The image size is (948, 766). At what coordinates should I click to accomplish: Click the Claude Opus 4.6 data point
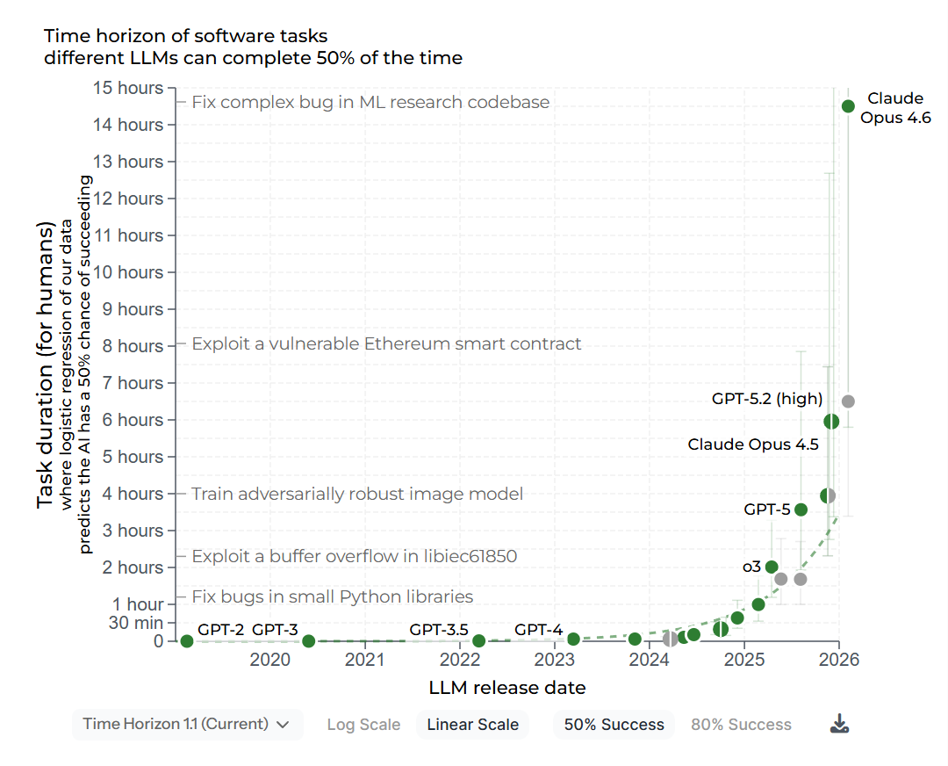coord(848,106)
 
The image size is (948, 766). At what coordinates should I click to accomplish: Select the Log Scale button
coord(363,725)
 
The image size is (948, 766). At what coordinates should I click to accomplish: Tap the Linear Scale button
coord(472,725)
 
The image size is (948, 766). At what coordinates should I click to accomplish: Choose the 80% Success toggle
coord(741,725)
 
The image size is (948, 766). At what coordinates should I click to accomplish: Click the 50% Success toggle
coord(614,725)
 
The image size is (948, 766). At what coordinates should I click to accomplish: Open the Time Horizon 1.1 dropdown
coord(186,724)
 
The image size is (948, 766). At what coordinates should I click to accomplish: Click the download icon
coord(839,724)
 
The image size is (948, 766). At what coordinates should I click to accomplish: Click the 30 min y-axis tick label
coord(136,623)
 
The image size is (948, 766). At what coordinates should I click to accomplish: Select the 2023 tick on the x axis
coord(554,660)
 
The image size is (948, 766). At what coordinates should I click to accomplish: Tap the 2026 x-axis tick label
coord(838,660)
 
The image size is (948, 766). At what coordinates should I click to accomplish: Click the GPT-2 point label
coord(220,629)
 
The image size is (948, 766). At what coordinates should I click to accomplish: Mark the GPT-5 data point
coord(801,509)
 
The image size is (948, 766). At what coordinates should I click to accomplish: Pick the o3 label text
coord(751,567)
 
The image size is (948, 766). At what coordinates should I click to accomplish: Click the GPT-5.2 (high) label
coord(766,399)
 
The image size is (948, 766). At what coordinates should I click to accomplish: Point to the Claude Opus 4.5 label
coord(752,444)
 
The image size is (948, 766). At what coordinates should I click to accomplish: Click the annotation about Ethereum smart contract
coord(386,343)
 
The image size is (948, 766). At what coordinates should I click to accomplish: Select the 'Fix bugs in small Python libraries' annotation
coord(332,597)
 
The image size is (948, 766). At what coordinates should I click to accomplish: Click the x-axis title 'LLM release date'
coord(507,687)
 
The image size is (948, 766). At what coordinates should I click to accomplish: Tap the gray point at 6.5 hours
coord(848,401)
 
